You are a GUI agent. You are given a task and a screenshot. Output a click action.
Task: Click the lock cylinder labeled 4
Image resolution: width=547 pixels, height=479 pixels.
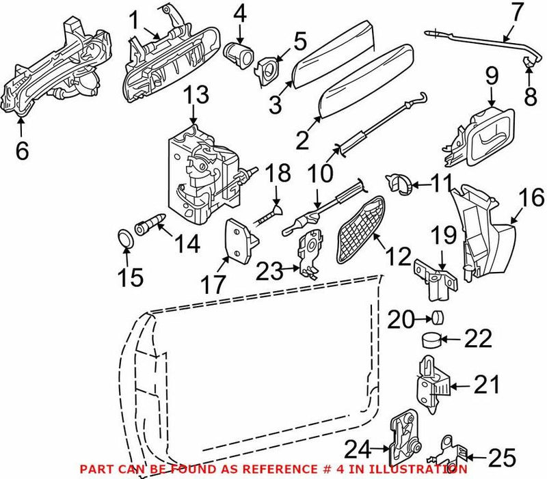pos(237,52)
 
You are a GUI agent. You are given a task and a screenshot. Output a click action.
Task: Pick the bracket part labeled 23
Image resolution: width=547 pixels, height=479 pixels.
pos(308,253)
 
